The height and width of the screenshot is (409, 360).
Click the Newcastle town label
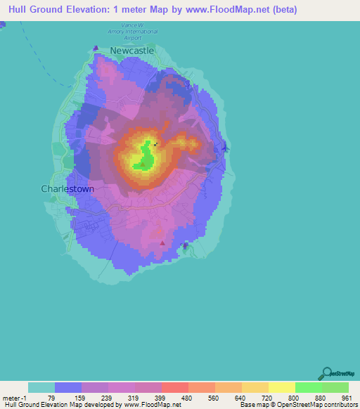click(131, 51)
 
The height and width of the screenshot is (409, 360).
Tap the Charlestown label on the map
click(67, 189)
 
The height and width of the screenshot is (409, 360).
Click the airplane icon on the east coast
click(224, 148)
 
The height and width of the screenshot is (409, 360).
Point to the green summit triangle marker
click(143, 165)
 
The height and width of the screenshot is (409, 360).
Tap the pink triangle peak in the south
click(163, 243)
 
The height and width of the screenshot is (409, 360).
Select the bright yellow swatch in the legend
click(281, 387)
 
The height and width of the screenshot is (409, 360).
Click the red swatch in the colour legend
click(174, 387)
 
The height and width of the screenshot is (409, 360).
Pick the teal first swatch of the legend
click(41, 387)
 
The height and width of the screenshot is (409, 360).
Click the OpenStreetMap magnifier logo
click(326, 372)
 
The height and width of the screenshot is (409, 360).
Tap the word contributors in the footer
click(340, 405)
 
